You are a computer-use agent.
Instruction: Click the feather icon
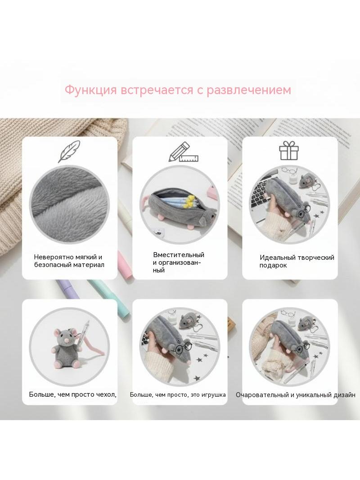click(69, 152)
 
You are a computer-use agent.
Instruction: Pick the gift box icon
click(288, 150)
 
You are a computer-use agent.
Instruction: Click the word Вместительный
click(179, 255)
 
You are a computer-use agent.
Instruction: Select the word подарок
click(273, 265)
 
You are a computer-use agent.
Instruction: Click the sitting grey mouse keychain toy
click(65, 348)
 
